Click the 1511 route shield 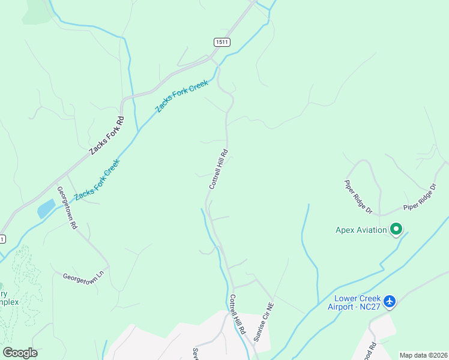(222, 41)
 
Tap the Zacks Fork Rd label (107, 136)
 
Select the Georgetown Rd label (67, 208)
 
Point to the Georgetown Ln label (83, 279)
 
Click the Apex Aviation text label (361, 230)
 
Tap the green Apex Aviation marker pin (396, 229)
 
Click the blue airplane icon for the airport (390, 301)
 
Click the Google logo (20, 353)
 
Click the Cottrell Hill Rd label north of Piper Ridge (218, 169)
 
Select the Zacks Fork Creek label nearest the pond (97, 179)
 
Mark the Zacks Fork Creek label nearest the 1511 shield (181, 95)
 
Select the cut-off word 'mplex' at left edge (13, 302)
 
